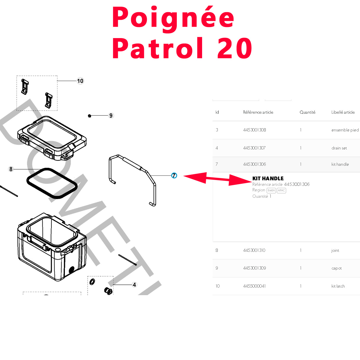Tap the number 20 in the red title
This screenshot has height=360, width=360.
(235, 48)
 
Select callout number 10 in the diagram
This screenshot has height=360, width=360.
(80, 81)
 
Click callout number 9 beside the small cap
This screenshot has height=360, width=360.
(111, 115)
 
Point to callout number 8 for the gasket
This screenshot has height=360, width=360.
(11, 169)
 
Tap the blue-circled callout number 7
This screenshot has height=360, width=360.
(174, 175)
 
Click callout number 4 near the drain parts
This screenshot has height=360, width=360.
(134, 285)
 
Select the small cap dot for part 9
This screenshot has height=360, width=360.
(90, 116)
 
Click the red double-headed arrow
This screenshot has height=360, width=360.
(218, 178)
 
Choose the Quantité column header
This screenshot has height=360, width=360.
(307, 112)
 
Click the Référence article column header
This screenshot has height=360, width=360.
(258, 112)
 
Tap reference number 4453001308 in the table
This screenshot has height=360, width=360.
(254, 130)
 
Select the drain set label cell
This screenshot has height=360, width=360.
(339, 148)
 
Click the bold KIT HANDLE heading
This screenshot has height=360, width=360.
(268, 178)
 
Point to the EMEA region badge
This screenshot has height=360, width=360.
(271, 190)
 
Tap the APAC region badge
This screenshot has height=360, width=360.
(281, 190)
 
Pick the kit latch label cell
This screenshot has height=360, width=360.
(338, 286)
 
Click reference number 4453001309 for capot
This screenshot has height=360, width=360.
(254, 268)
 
